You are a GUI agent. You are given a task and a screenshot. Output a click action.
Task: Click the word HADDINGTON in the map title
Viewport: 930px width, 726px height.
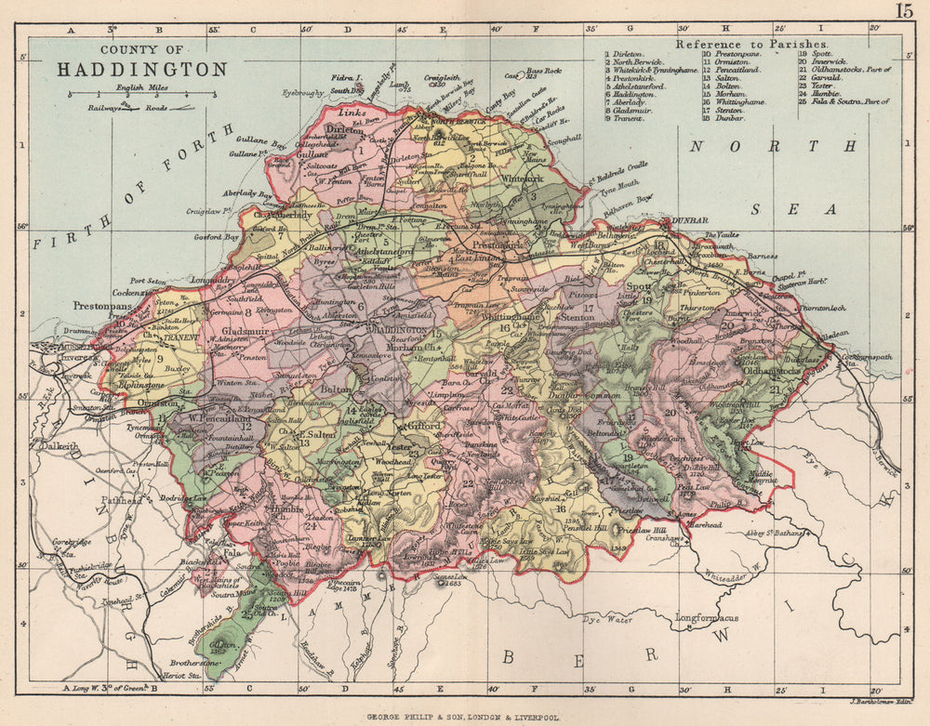tap(141, 70)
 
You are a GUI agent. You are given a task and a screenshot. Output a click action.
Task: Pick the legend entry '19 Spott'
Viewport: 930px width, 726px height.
tap(814, 57)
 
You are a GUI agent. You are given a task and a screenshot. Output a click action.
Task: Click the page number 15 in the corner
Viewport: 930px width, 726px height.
tap(904, 11)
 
